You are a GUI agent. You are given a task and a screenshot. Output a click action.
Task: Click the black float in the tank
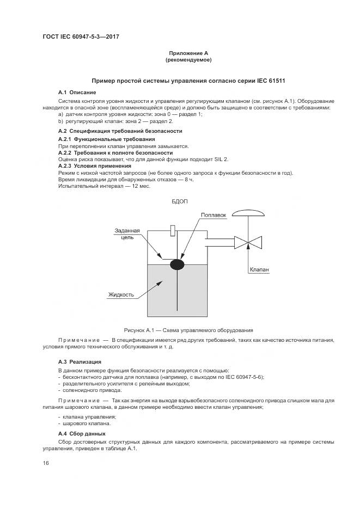tap(177, 265)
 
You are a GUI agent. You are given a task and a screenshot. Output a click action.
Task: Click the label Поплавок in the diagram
tap(213, 215)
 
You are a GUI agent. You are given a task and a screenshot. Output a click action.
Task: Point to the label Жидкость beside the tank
tap(121, 295)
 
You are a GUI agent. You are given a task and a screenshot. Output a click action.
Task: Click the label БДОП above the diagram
tap(180, 202)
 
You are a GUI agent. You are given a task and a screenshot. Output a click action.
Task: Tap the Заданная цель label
tap(127, 234)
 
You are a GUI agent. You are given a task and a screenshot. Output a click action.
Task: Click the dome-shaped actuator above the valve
tap(248, 213)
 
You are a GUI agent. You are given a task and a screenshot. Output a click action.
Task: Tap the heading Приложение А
tap(180, 53)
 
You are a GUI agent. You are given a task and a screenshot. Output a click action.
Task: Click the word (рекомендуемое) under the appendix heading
tap(180, 60)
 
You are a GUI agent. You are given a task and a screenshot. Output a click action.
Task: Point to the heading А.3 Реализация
tap(80, 361)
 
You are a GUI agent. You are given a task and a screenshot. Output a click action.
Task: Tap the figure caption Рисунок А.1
tap(180, 330)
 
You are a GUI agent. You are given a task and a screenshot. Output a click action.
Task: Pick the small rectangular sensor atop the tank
tap(173, 230)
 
